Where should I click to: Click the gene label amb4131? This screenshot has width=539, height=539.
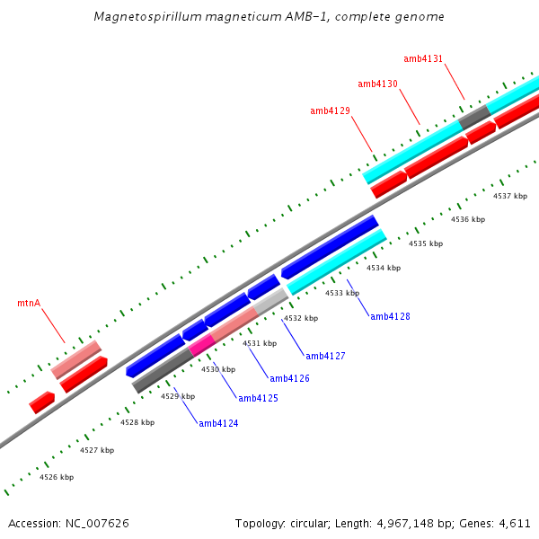click(423, 58)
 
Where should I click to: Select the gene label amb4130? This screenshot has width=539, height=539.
click(377, 84)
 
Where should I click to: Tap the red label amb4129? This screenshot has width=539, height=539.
click(330, 110)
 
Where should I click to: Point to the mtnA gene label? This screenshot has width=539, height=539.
click(29, 303)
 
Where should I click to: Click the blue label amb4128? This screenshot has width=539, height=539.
click(390, 316)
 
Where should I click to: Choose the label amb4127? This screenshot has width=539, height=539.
click(325, 356)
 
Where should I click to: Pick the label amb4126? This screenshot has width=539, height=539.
click(289, 378)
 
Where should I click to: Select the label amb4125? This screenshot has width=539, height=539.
click(258, 398)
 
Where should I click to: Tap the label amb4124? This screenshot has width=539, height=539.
click(218, 423)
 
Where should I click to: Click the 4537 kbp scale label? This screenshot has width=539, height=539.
click(510, 196)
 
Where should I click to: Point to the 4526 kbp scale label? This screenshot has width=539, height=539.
click(57, 477)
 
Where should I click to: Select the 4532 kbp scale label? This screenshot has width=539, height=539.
click(301, 318)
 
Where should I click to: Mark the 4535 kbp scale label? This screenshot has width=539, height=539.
click(426, 243)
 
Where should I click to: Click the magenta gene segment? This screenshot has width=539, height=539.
click(201, 344)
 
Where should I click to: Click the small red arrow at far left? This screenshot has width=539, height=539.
click(41, 402)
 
